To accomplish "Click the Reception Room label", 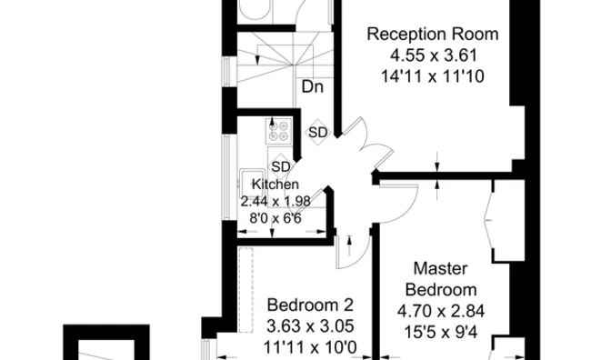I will pyautogui.click(x=432, y=35).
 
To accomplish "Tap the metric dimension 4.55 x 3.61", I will pyautogui.click(x=432, y=56).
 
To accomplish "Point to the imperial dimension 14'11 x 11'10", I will pyautogui.click(x=432, y=77).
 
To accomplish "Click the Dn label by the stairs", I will pyautogui.click(x=314, y=87).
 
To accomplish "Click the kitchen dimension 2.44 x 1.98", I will pyautogui.click(x=276, y=201).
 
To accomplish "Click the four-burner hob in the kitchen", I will pyautogui.click(x=278, y=132).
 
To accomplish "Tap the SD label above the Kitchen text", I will pyautogui.click(x=280, y=166).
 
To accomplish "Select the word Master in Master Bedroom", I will pyautogui.click(x=441, y=269).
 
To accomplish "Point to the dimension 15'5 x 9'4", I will pyautogui.click(x=442, y=332).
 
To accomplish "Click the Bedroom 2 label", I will pyautogui.click(x=309, y=305).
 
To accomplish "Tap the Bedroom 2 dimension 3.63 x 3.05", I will pyautogui.click(x=309, y=325).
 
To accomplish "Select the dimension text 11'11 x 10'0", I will pyautogui.click(x=309, y=346).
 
